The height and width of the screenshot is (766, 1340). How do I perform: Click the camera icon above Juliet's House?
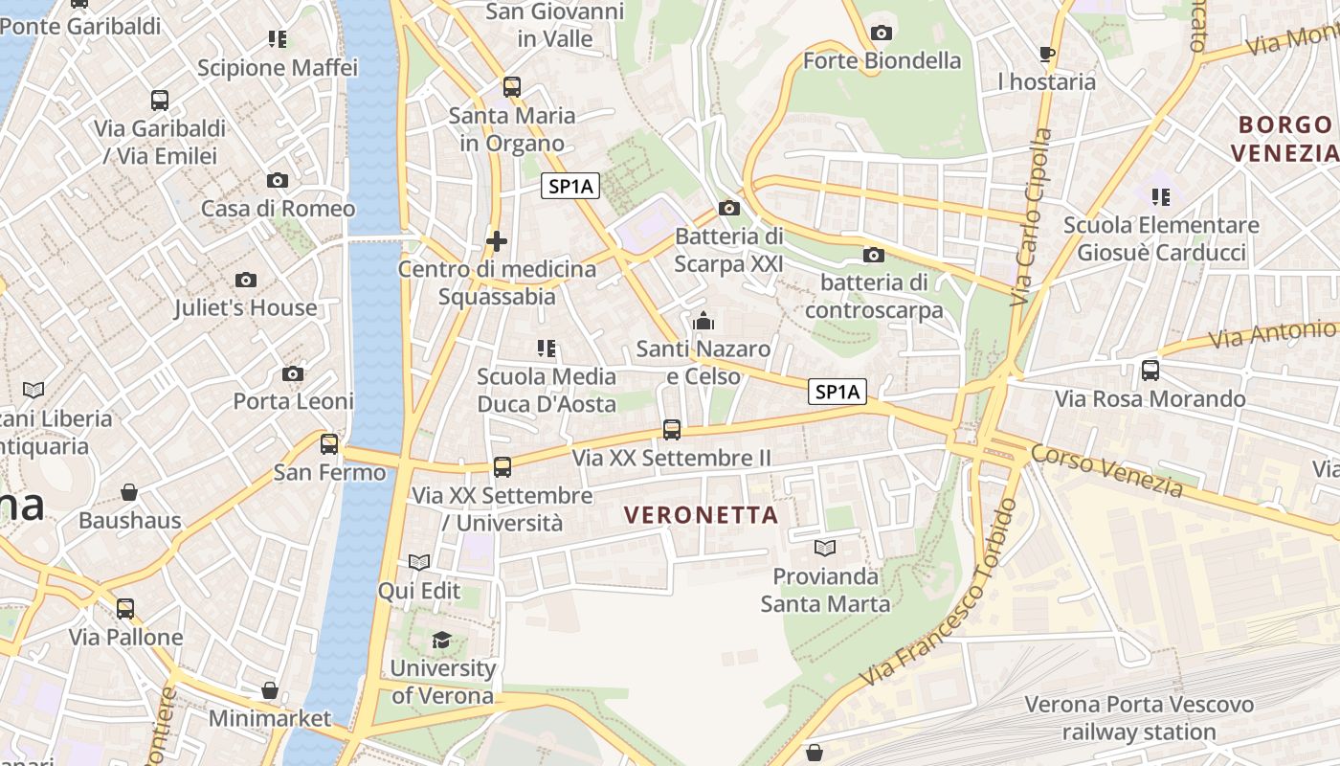point(246,280)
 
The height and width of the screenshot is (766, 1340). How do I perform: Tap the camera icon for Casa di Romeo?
point(278,180)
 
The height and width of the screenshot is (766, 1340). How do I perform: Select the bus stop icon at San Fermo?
point(329,444)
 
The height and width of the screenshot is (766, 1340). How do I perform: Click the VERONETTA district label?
point(701,515)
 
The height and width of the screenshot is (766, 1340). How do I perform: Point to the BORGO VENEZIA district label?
point(1283,139)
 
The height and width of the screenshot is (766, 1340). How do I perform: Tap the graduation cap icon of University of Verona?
point(441,640)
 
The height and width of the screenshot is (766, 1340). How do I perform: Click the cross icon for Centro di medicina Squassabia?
point(496,240)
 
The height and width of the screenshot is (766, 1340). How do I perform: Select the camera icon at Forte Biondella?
point(882,33)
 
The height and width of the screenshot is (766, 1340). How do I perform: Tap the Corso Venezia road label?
point(1107,471)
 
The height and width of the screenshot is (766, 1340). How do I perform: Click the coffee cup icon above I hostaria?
point(1046,54)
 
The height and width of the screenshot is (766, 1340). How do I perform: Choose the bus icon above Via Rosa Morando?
point(1150,370)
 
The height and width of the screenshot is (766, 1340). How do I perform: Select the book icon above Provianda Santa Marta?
point(824,548)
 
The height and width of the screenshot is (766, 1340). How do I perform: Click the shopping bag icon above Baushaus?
point(129,492)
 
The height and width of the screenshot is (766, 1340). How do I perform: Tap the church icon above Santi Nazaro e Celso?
point(703,321)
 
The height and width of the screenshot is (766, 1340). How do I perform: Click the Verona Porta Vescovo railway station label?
point(1139,718)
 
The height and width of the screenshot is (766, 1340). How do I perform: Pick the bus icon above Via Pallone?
point(125,609)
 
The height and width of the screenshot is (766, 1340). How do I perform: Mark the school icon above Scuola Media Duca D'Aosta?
point(547,349)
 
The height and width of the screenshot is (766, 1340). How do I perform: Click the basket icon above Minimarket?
point(270,690)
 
